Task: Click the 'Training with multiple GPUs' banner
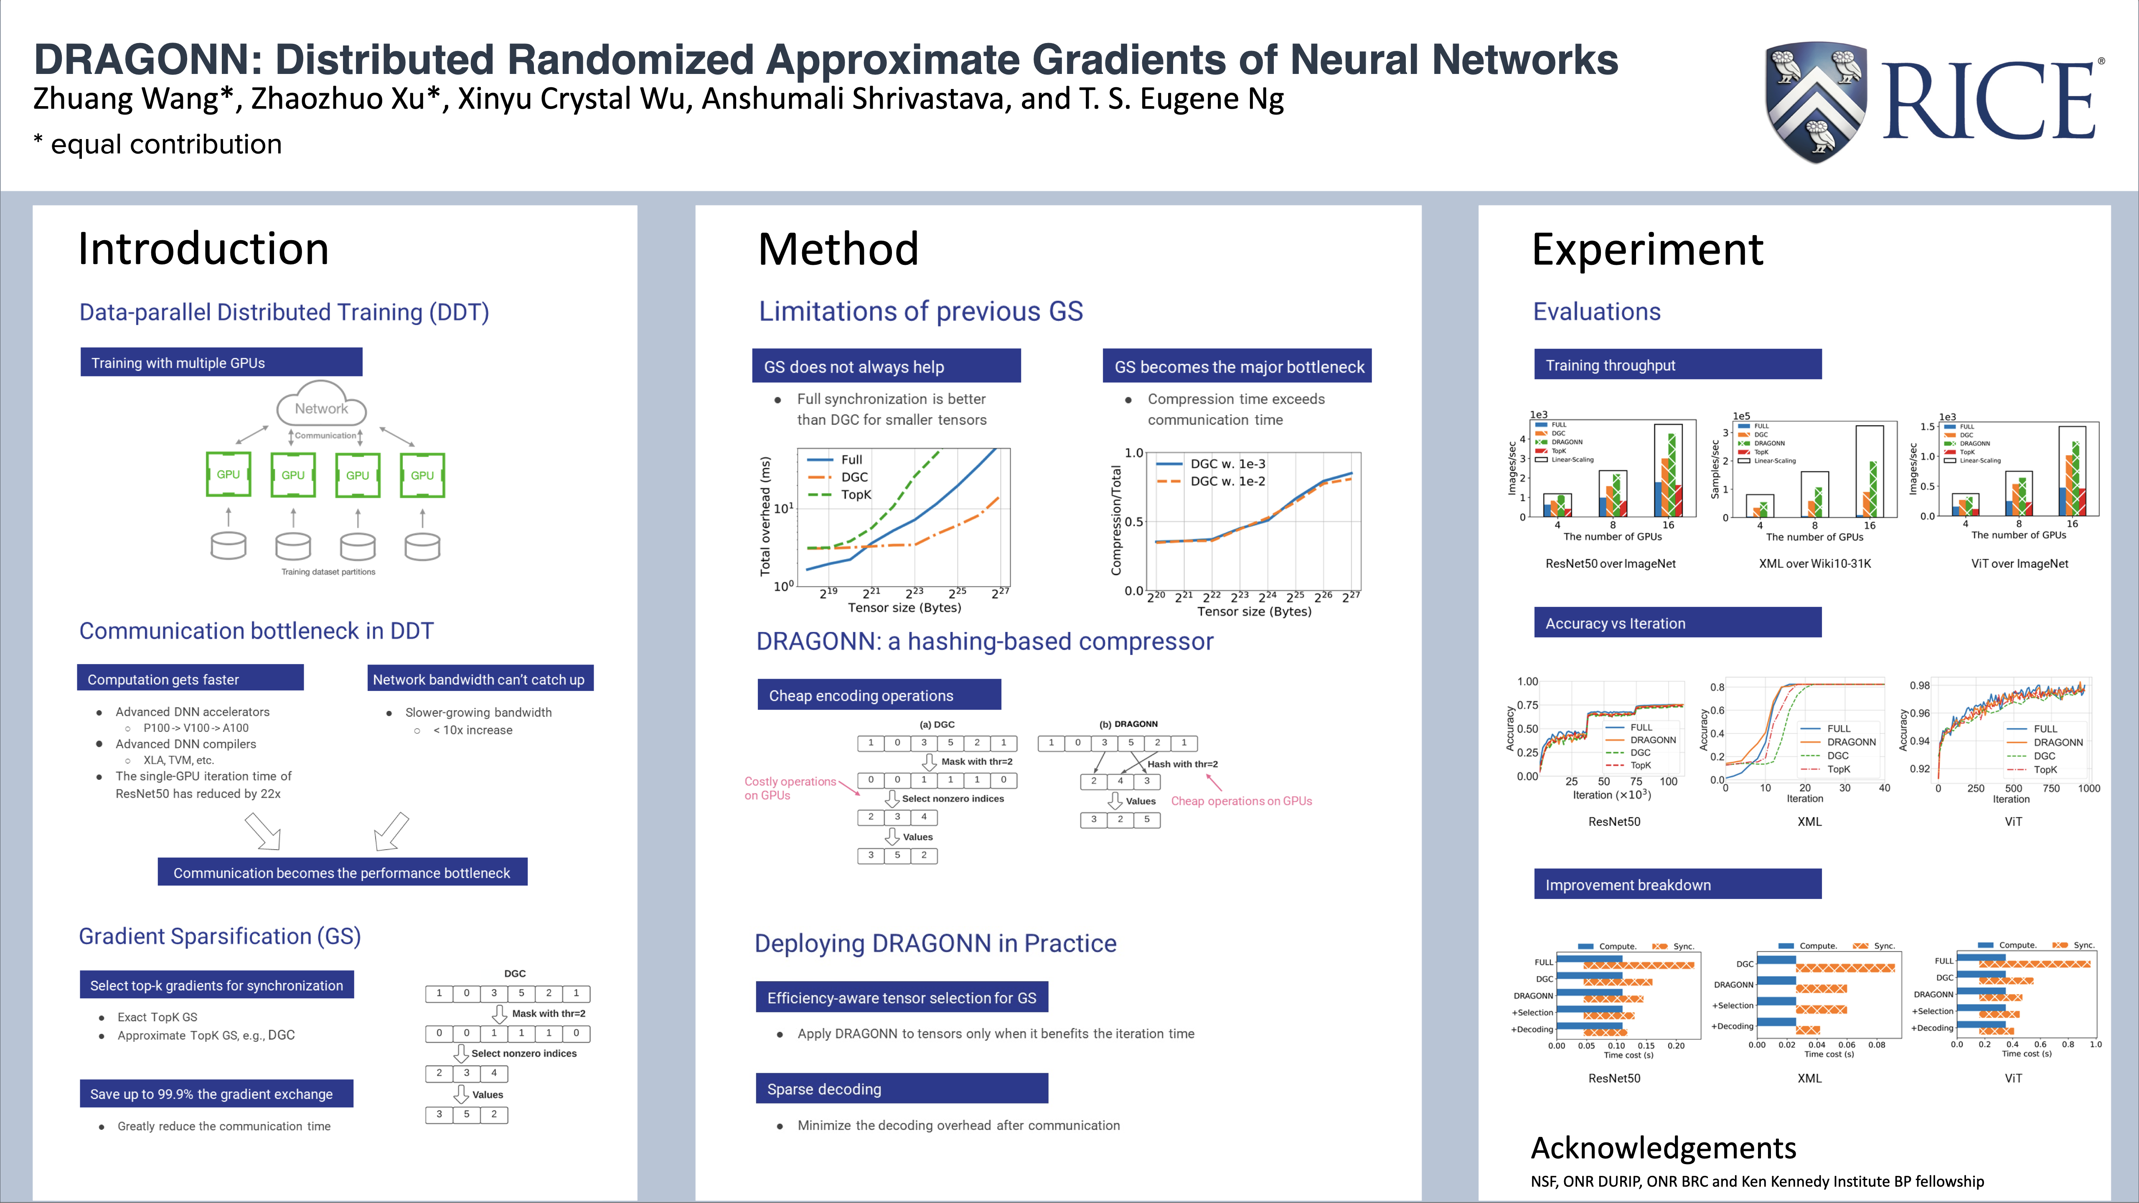[x=221, y=363]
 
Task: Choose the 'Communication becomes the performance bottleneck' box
[x=342, y=873]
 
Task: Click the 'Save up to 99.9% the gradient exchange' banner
[x=216, y=1094]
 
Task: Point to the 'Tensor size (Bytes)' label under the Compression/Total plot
[x=1254, y=612]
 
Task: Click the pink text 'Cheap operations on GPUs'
[x=1241, y=801]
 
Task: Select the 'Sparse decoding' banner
[x=902, y=1089]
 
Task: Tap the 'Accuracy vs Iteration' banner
[x=1677, y=624]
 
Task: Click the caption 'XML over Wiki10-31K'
[x=1814, y=564]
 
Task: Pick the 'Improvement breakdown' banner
[x=1677, y=885]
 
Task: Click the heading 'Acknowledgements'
[x=1663, y=1148]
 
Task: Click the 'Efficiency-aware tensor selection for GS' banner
[x=902, y=998]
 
